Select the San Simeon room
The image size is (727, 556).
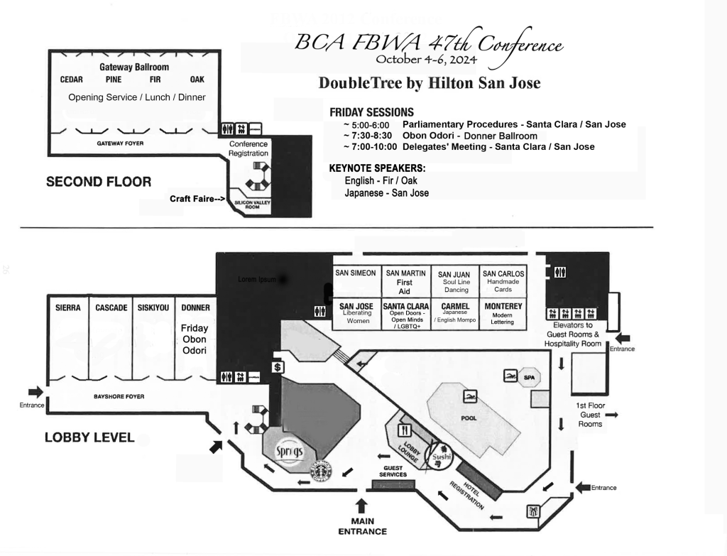(x=356, y=273)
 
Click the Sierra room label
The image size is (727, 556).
(x=68, y=307)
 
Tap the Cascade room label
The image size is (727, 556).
(x=111, y=307)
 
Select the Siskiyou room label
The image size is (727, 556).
(x=153, y=307)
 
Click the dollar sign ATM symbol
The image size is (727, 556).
(x=278, y=366)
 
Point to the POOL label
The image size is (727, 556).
(x=469, y=418)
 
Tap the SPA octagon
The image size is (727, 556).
(x=530, y=377)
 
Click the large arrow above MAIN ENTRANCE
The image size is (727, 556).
(x=362, y=505)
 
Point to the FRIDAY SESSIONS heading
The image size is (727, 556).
(x=371, y=112)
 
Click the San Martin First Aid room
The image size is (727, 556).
(x=405, y=281)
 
